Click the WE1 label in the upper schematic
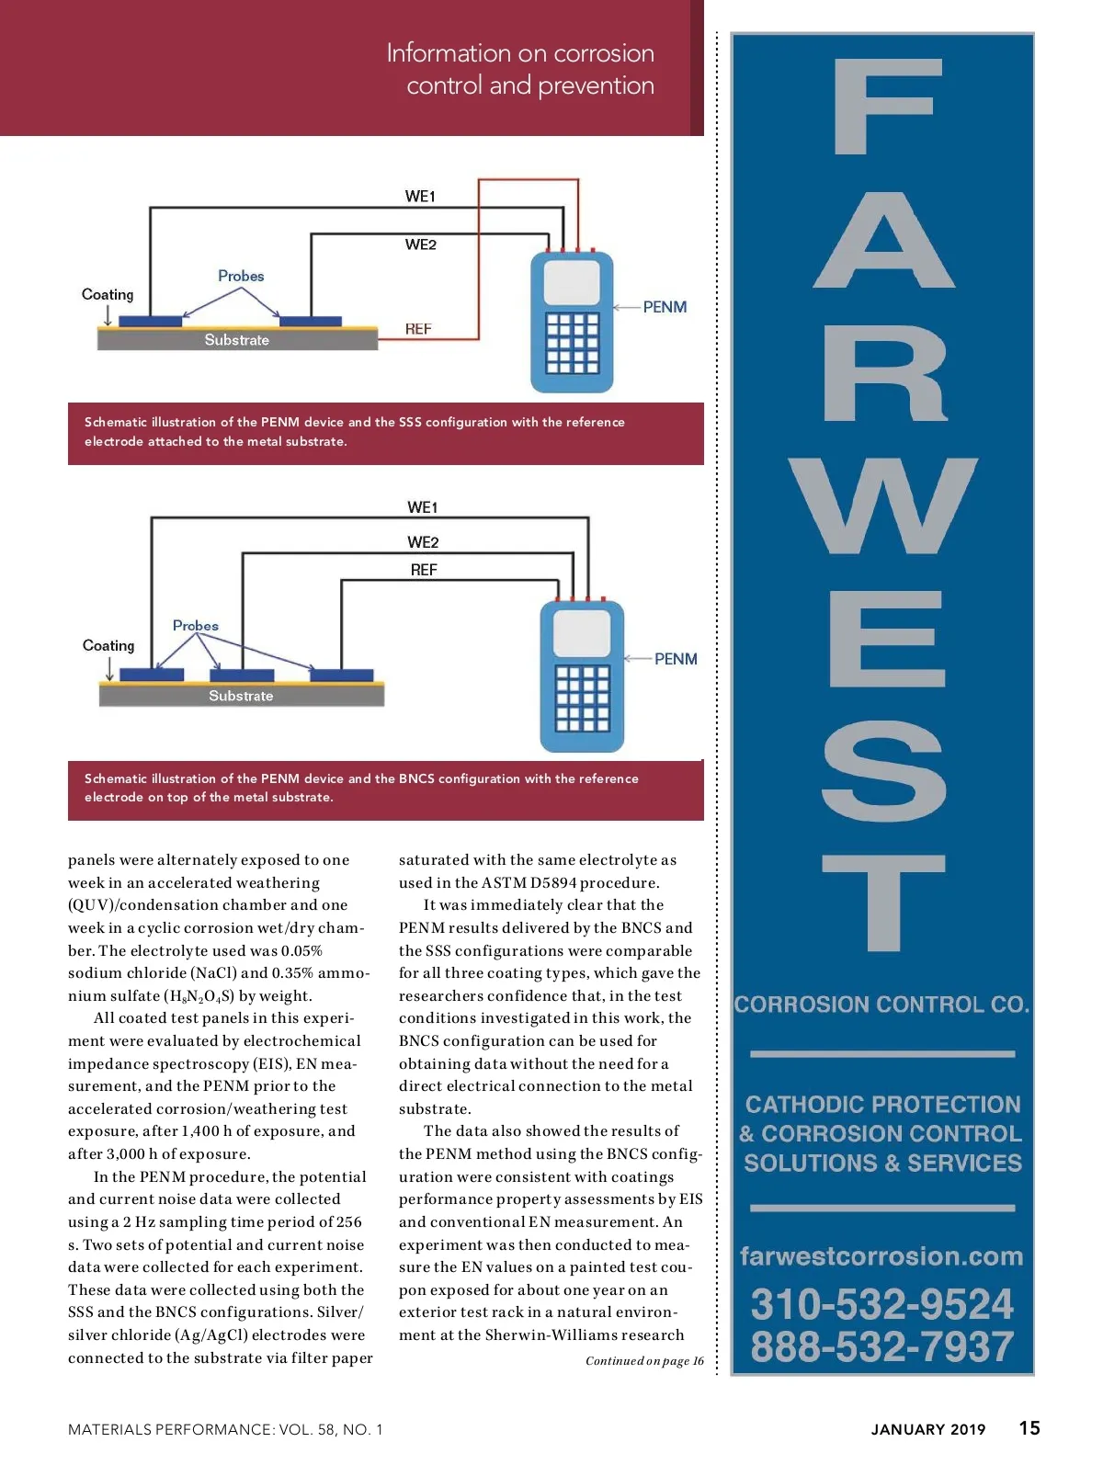pyautogui.click(x=420, y=196)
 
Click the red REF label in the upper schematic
pyautogui.click(x=418, y=329)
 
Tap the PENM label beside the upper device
pyautogui.click(x=665, y=307)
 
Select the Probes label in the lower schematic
pyautogui.click(x=196, y=626)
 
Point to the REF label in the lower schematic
pyautogui.click(x=424, y=570)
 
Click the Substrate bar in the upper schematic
pyautogui.click(x=237, y=340)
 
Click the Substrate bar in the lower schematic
pyautogui.click(x=241, y=696)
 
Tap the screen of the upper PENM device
pyautogui.click(x=572, y=282)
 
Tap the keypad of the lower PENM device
pyautogui.click(x=582, y=698)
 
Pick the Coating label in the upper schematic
pyautogui.click(x=108, y=294)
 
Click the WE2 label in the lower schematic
pyautogui.click(x=423, y=542)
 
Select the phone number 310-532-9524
pyautogui.click(x=881, y=1304)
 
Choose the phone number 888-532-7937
pyautogui.click(x=881, y=1346)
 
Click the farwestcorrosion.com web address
pyautogui.click(x=881, y=1255)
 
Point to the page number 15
pyautogui.click(x=1029, y=1428)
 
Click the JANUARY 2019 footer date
pyautogui.click(x=928, y=1429)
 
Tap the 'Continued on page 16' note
pyautogui.click(x=644, y=1361)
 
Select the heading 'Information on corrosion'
pyautogui.click(x=520, y=53)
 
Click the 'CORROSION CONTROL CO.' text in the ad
pyautogui.click(x=881, y=1005)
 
